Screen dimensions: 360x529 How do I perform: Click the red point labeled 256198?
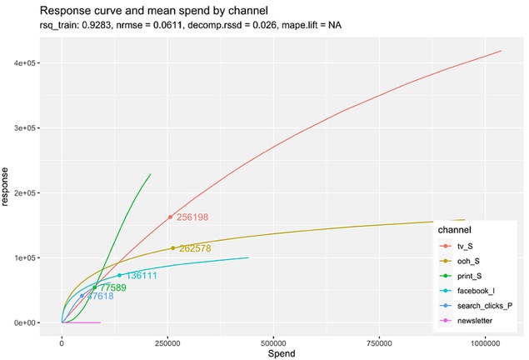tap(170, 217)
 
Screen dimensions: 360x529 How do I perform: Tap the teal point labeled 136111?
tap(119, 275)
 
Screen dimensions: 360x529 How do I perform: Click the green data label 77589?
tap(112, 287)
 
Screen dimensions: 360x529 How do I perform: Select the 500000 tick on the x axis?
tap(273, 342)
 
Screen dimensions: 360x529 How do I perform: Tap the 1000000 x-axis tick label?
tap(485, 342)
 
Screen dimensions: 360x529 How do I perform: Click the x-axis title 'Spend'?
tap(275, 352)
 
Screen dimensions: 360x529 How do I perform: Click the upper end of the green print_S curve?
tap(151, 174)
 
